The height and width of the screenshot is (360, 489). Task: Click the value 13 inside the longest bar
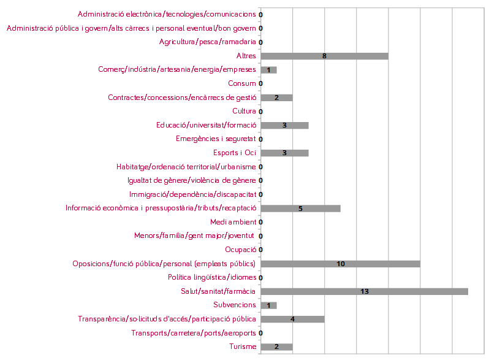[x=365, y=292]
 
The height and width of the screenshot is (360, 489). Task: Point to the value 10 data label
[x=341, y=264]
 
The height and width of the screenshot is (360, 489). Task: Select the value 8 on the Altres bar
[x=324, y=56]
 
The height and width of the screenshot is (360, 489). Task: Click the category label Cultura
[x=244, y=112]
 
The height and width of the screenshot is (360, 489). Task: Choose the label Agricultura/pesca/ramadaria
[x=207, y=42]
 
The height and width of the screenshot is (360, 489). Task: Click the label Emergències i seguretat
[x=216, y=139]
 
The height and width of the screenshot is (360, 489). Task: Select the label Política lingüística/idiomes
[x=212, y=277]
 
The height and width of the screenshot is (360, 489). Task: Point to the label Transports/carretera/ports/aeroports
[x=194, y=333]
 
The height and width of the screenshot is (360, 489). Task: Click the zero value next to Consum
[x=261, y=84]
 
